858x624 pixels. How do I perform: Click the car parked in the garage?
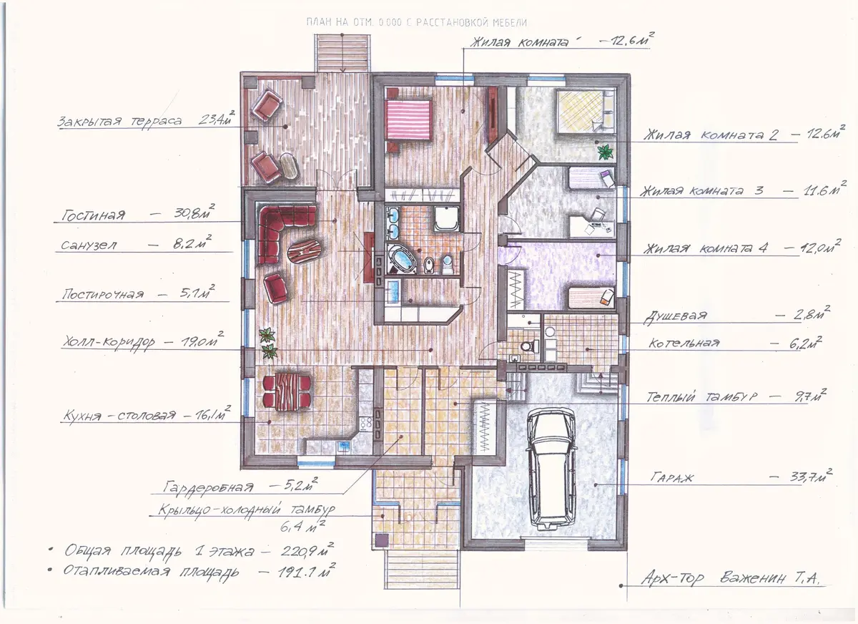coord(551,469)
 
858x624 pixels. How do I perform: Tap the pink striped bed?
coord(409,120)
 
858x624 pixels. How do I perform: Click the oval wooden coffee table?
coord(305,251)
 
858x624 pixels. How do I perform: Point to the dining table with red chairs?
coord(287,391)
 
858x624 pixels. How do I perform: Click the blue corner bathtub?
coord(402,260)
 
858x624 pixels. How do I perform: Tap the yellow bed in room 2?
coord(581,111)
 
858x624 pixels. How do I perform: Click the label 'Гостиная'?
coord(94,215)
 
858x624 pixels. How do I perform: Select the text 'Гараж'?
coord(672,477)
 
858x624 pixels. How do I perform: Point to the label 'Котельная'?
coord(684,343)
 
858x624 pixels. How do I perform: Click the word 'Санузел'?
coord(89,245)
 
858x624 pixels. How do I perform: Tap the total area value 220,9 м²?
coord(307,550)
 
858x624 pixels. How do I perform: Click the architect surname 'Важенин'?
coord(753,578)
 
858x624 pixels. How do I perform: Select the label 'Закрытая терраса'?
coord(119,122)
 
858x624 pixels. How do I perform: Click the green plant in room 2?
coord(606,152)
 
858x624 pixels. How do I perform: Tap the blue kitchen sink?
coord(342,446)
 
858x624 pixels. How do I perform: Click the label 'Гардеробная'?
coord(208,487)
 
